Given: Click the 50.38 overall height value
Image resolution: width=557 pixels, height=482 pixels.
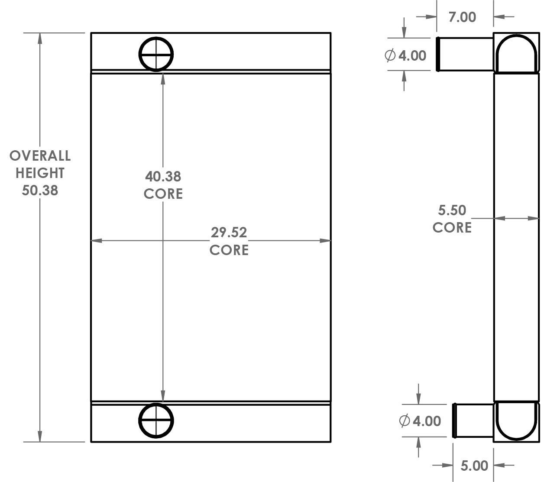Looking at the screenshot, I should coord(40,190).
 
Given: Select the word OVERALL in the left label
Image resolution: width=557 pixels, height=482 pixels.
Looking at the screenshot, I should coord(40,155).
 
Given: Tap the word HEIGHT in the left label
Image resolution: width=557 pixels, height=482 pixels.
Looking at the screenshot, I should coord(40,173).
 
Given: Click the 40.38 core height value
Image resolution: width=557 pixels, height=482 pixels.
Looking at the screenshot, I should coord(163,176).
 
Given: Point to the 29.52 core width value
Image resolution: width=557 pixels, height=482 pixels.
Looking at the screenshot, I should coord(229,233).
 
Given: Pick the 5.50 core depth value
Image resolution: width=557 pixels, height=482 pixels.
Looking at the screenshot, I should coord(452,210).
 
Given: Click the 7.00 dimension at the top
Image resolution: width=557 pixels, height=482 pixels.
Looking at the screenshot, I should coord(462,17).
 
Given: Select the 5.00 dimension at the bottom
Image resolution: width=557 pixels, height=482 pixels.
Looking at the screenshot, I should coord(474,466).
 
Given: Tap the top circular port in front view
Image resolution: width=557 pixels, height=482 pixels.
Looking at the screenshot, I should coord(156,54).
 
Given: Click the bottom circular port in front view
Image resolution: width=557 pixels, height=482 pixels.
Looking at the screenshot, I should coord(156,421).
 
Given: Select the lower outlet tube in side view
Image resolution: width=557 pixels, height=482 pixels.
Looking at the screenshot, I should coord(473,421).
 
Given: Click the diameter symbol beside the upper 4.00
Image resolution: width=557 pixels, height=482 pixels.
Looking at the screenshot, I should coord(390,55).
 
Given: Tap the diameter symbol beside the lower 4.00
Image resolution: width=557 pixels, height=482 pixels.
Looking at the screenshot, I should coord(405,421).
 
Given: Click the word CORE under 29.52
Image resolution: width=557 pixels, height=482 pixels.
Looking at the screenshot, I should coord(229,250).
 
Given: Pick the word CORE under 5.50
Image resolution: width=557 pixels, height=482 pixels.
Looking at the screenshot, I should coord(452,228).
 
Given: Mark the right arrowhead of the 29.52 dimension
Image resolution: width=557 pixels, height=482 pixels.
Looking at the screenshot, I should coord(325,241).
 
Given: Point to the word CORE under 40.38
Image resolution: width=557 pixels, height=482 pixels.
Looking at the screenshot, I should coord(163,194).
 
